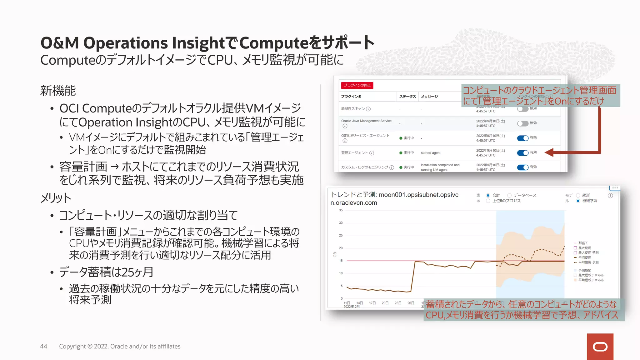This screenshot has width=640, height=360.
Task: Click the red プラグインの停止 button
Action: (357, 85)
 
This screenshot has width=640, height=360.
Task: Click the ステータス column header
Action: (407, 97)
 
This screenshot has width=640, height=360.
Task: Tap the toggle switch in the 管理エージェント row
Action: (522, 153)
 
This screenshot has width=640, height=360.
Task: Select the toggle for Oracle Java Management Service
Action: (522, 123)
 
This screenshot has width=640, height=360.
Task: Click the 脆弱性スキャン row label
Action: (353, 109)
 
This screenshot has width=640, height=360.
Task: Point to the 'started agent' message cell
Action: (430, 153)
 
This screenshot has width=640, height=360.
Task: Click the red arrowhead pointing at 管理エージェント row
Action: (549, 152)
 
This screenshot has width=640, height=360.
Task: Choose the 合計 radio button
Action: (488, 196)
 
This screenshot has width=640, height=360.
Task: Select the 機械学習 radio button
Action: (578, 201)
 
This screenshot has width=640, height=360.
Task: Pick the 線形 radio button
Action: (578, 196)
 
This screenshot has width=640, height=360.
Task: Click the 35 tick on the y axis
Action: (341, 210)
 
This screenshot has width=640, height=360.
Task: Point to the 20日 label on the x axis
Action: (385, 303)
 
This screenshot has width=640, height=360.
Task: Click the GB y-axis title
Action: (335, 255)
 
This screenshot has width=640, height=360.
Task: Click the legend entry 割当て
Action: (583, 243)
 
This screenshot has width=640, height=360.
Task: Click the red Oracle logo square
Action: (600, 347)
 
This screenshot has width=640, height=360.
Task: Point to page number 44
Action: (43, 346)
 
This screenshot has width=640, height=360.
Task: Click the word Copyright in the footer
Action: (72, 346)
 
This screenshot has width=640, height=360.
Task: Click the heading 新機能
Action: (58, 91)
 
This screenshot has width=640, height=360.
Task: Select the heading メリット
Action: (56, 198)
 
